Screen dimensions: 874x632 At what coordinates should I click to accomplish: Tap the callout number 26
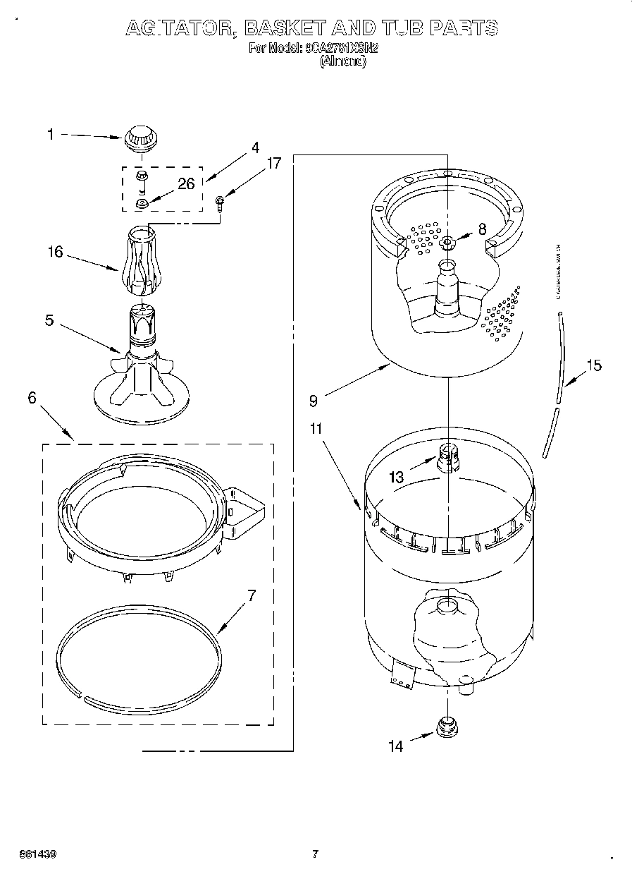186,184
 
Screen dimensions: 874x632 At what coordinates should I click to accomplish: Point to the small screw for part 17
219,202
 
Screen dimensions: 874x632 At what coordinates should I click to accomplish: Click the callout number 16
55,251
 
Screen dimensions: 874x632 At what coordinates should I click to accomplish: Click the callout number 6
32,397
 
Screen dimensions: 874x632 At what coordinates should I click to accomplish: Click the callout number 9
314,401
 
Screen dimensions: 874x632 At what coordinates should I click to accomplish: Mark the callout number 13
397,478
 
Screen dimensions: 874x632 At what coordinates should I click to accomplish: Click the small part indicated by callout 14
445,727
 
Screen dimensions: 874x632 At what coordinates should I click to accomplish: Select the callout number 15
594,365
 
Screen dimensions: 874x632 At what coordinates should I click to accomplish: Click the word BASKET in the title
285,28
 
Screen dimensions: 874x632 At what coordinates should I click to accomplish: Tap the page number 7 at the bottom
315,854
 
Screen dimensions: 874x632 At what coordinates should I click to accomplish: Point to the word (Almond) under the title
342,61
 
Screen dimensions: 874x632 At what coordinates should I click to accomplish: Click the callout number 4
255,148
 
